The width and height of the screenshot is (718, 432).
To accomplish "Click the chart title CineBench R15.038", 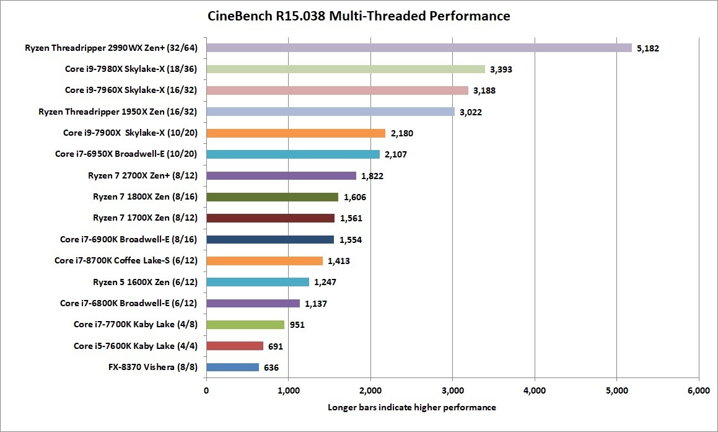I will [x=359, y=16].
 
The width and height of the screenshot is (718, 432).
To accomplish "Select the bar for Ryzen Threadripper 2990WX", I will [x=419, y=48].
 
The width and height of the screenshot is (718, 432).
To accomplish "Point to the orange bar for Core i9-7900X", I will [x=296, y=133].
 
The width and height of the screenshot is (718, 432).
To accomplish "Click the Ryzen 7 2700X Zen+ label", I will [x=143, y=176].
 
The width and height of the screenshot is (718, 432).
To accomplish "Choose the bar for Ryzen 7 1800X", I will [x=272, y=197].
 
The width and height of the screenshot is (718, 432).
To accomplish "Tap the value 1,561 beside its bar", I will [x=351, y=218].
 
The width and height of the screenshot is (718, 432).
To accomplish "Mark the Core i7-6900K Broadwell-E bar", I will [x=270, y=239].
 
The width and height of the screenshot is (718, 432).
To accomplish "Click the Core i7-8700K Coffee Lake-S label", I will [x=126, y=261].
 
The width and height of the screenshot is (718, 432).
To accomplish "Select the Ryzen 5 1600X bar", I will [x=257, y=282].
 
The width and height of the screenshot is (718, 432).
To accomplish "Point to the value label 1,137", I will [x=316, y=304].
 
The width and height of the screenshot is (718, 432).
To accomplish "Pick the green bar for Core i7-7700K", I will [x=245, y=325].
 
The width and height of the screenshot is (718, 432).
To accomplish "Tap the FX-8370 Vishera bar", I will [x=232, y=367].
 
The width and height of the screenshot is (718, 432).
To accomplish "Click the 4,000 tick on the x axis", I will [x=534, y=390].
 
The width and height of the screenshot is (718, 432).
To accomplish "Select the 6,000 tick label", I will [x=698, y=390].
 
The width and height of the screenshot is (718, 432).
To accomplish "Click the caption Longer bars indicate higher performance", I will [x=412, y=407].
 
